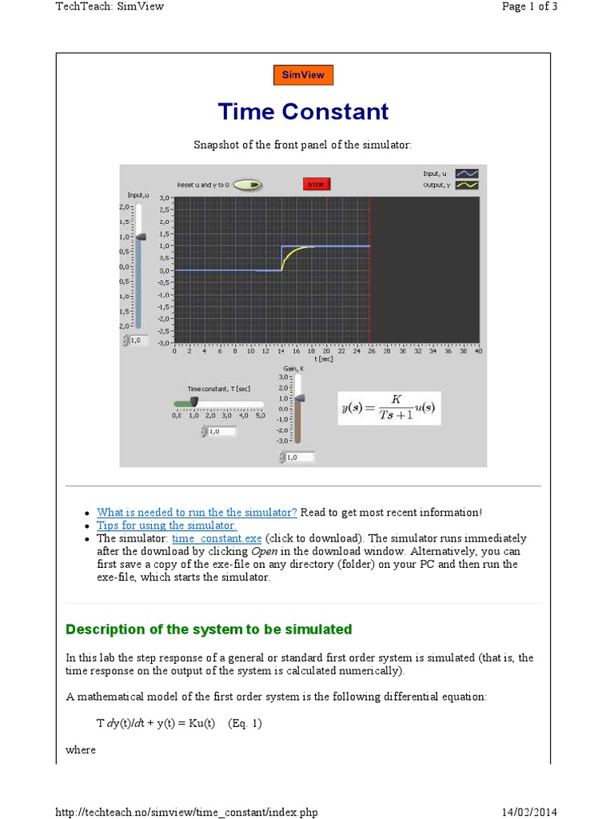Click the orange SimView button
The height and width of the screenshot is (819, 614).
pyautogui.click(x=303, y=74)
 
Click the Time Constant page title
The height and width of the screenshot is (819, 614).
pyautogui.click(x=303, y=112)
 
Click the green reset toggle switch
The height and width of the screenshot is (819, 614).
pyautogui.click(x=248, y=185)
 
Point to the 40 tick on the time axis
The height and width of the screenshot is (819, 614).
pyautogui.click(x=478, y=350)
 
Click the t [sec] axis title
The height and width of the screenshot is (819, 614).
pyautogui.click(x=325, y=359)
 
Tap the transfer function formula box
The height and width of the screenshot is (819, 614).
pyautogui.click(x=389, y=408)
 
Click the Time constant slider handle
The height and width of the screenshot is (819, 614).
pyautogui.click(x=193, y=403)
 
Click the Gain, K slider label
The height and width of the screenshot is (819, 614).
pyautogui.click(x=293, y=369)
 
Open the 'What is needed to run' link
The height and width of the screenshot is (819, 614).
pyautogui.click(x=197, y=512)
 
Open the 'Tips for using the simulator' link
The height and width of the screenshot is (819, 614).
pyautogui.click(x=166, y=525)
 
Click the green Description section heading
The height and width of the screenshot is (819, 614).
pyautogui.click(x=208, y=629)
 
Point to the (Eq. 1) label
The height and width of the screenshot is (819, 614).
pyautogui.click(x=245, y=723)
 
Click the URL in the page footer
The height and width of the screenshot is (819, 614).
pyautogui.click(x=186, y=813)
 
